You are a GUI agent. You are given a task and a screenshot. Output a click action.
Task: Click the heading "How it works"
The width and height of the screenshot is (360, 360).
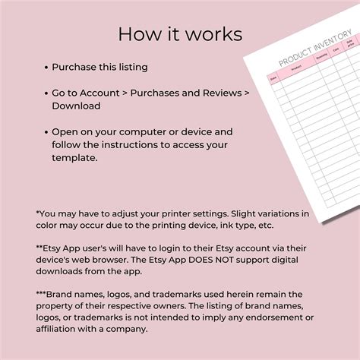180,35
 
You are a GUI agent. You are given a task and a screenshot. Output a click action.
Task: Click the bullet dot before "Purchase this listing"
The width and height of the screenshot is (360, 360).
46,68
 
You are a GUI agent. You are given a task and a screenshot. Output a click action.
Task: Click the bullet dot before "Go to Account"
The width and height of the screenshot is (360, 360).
46,93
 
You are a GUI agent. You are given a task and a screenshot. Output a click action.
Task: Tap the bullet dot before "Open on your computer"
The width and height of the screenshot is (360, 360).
46,131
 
